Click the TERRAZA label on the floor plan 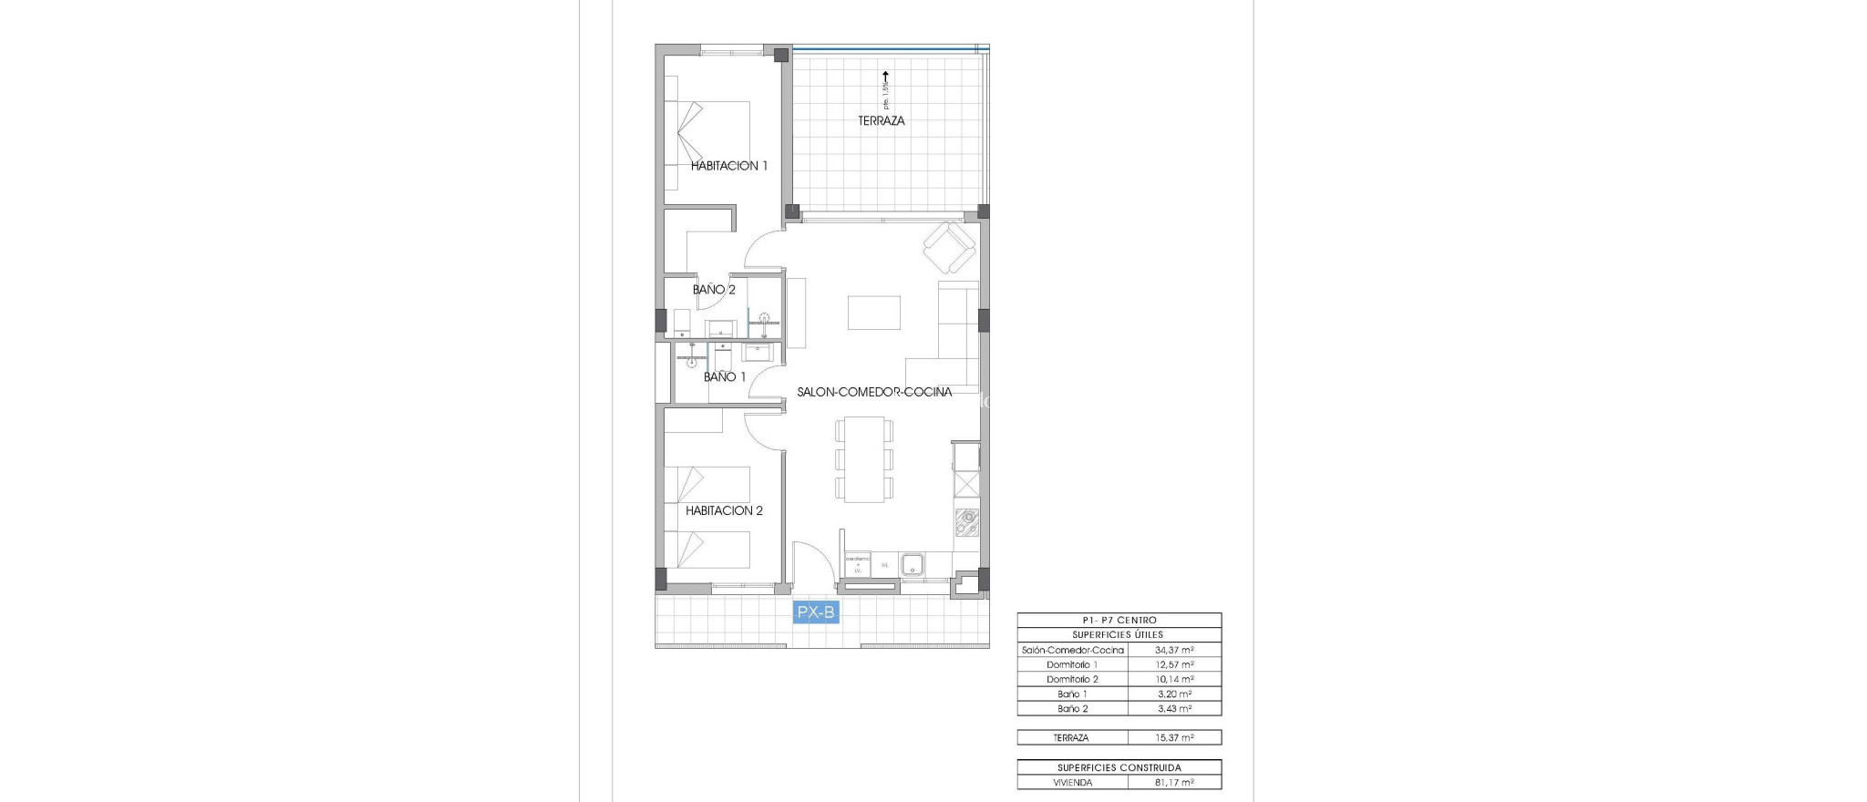pos(882,120)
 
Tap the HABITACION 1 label pos(728,166)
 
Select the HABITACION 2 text pos(724,510)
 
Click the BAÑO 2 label pos(714,290)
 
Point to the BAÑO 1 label pos(725,376)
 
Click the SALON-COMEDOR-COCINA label pos(874,392)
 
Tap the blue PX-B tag pos(816,613)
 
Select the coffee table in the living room pos(874,313)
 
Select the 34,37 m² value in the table pos(1174,650)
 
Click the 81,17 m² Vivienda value pos(1174,782)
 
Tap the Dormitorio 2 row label pos(1072,679)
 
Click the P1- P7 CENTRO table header pos(1119,621)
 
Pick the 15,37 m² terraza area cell pos(1174,737)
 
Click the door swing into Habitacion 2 pos(763,429)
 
